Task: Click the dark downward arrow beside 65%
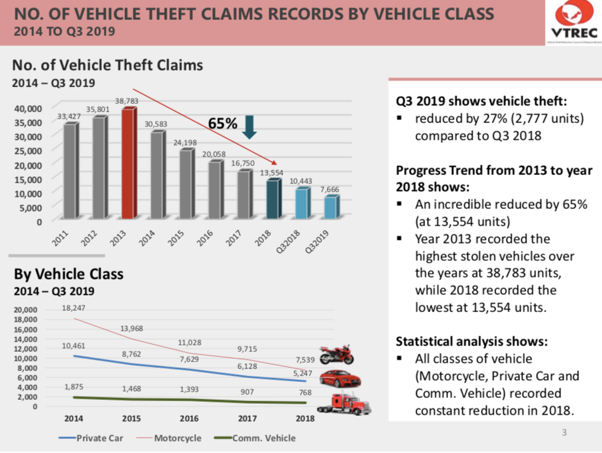point(250,126)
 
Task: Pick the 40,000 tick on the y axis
point(28,108)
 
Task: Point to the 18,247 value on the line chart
point(74,308)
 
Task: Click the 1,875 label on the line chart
point(74,387)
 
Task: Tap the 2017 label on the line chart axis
point(247,418)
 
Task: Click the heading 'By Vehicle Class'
point(69,274)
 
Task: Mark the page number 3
point(564,432)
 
